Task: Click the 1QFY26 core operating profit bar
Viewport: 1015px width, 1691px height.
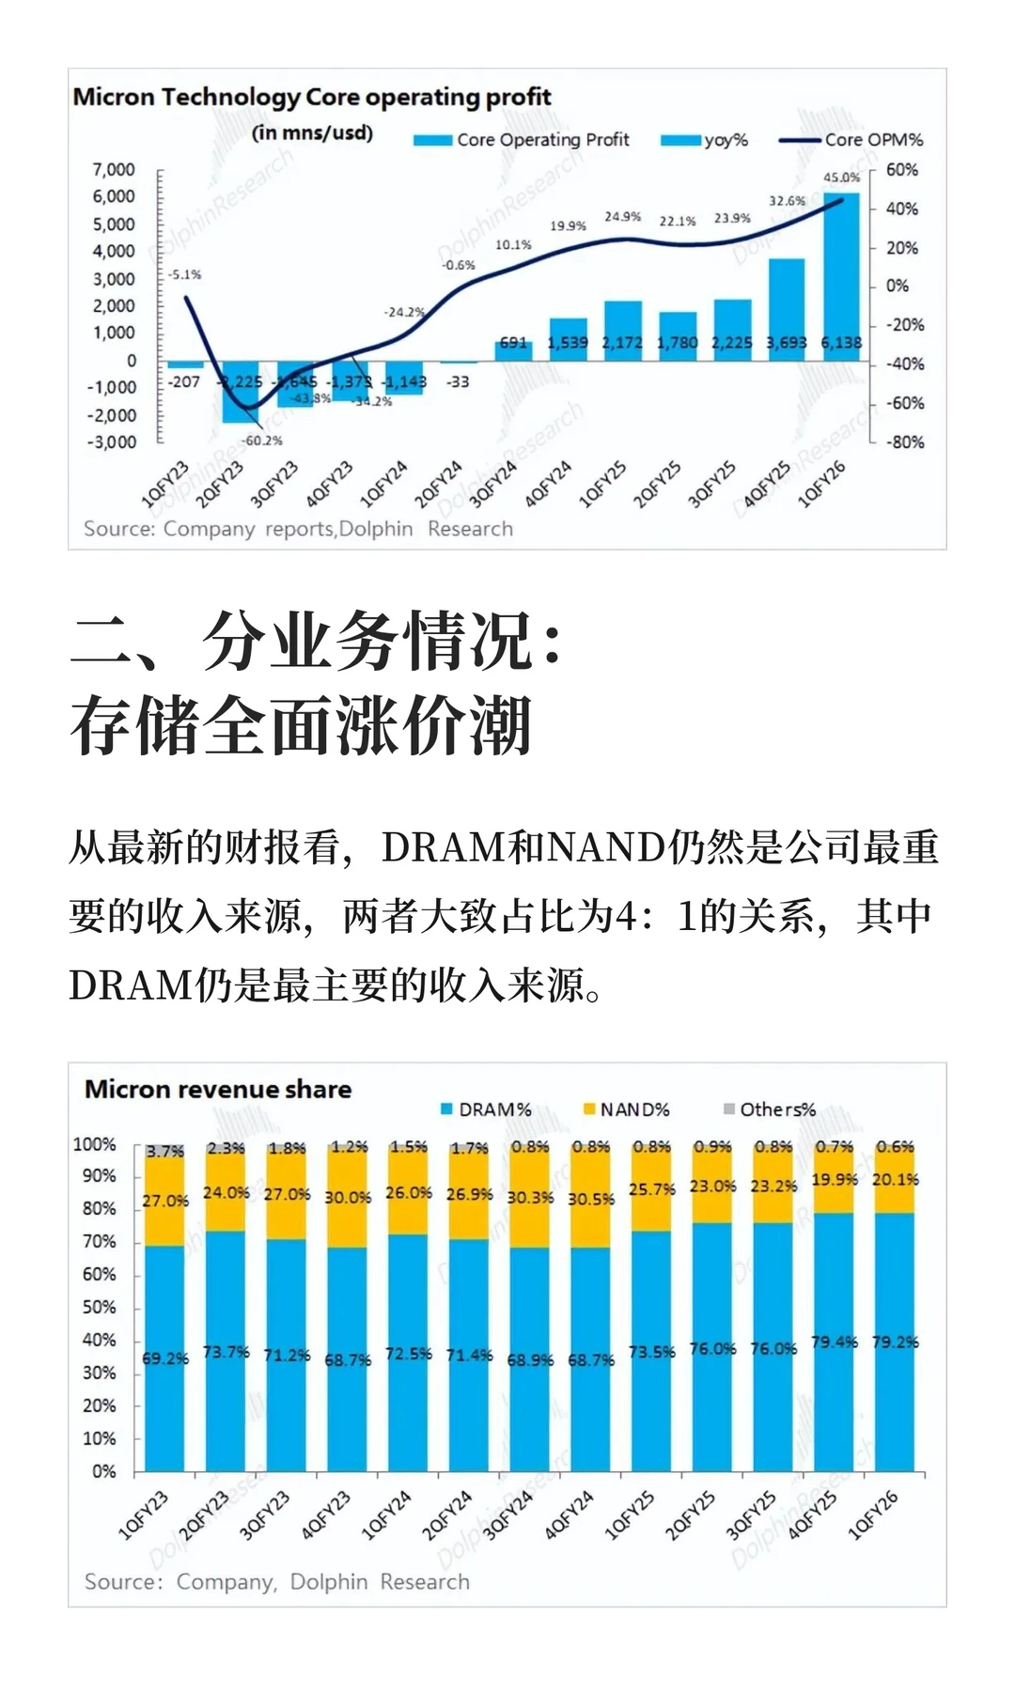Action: point(841,272)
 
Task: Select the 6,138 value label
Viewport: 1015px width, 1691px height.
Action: point(841,343)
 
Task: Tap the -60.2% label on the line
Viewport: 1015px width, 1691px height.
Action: point(262,440)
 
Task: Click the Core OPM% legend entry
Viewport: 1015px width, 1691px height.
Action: point(873,140)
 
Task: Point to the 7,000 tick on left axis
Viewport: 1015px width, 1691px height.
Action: point(114,170)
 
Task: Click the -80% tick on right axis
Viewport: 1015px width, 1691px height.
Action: point(903,442)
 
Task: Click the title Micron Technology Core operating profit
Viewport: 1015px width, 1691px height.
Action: point(311,97)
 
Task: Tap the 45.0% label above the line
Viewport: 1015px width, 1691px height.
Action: point(841,177)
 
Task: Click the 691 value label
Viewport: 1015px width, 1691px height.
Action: point(513,343)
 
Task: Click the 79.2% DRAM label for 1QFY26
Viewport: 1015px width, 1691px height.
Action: point(895,1342)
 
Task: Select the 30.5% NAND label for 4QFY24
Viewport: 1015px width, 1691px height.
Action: point(591,1199)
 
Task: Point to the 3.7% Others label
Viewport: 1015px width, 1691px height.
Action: point(164,1151)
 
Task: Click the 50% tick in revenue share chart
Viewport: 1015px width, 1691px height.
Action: point(99,1307)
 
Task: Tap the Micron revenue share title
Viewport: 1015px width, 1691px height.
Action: point(218,1089)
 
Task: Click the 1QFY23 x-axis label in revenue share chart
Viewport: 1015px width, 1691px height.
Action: point(144,1514)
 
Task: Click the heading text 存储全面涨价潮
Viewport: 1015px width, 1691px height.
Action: point(302,726)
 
